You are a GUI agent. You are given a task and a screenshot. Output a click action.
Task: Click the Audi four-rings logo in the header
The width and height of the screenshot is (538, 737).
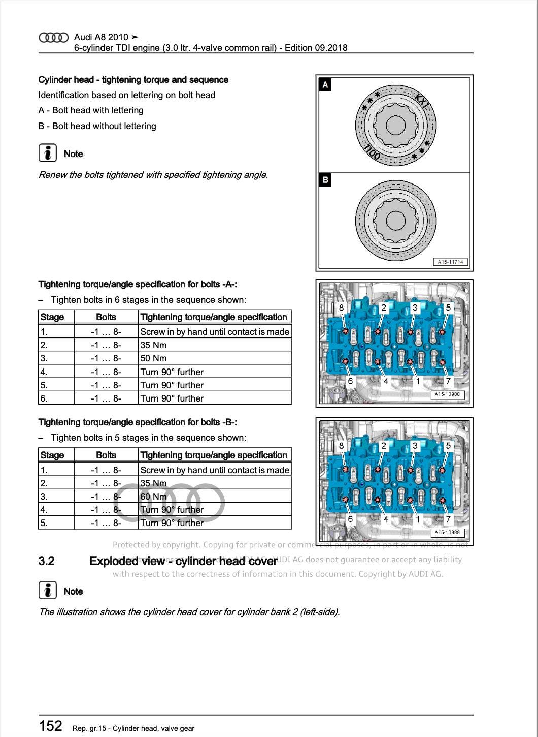pos(53,38)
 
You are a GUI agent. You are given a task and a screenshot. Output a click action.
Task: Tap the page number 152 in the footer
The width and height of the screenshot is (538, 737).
pos(51,726)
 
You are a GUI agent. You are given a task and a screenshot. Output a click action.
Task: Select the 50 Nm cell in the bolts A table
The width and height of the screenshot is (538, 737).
pos(153,358)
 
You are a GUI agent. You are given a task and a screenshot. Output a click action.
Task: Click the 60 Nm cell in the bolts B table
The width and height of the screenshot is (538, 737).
pos(153,497)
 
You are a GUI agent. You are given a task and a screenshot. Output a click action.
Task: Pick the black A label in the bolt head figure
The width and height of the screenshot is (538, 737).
pos(325,84)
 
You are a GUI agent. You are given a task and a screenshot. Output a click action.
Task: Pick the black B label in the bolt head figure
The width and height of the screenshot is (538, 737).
pos(325,180)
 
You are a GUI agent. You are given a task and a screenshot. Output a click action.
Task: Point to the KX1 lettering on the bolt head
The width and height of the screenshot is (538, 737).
pos(422,100)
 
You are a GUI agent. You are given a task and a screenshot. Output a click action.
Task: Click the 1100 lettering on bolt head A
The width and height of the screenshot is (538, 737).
pos(372,152)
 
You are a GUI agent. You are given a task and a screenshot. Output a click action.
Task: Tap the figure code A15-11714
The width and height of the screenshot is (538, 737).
pos(450,262)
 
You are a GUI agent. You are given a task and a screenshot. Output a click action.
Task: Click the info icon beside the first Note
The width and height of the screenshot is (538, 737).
pos(47,153)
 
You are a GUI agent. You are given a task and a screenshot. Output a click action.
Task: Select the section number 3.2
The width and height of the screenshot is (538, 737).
pos(47,561)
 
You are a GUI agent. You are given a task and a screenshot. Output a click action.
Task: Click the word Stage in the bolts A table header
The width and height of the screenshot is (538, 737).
pos(52,317)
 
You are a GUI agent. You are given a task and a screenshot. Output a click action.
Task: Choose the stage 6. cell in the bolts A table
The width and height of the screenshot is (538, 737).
pos(44,398)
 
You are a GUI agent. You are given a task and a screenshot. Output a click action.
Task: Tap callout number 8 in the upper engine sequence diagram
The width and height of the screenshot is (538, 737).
pos(341,308)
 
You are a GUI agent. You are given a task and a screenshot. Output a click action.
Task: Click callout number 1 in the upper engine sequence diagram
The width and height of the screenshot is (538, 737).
pos(418,381)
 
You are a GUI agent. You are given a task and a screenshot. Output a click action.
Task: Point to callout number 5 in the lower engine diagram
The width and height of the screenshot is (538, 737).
pos(448,446)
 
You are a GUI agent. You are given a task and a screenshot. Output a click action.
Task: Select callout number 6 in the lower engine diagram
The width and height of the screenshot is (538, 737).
pos(350,519)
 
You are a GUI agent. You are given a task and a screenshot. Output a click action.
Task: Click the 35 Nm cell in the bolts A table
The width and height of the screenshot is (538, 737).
pos(153,345)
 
